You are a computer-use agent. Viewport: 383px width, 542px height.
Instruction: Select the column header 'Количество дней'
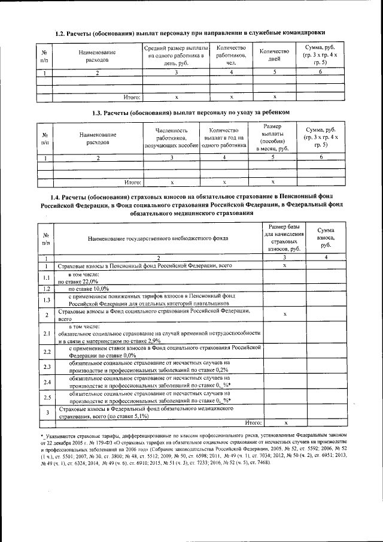tap(275, 55)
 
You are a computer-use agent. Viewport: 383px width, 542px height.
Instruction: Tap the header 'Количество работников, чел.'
tap(231, 55)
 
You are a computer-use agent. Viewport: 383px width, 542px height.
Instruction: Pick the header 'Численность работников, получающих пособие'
tap(172, 138)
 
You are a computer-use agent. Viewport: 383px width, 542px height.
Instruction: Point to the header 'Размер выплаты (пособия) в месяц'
tap(272, 138)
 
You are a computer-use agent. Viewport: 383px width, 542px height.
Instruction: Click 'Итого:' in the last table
tap(254, 422)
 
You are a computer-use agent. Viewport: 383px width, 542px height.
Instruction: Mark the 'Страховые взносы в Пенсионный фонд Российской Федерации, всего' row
tap(144, 265)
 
